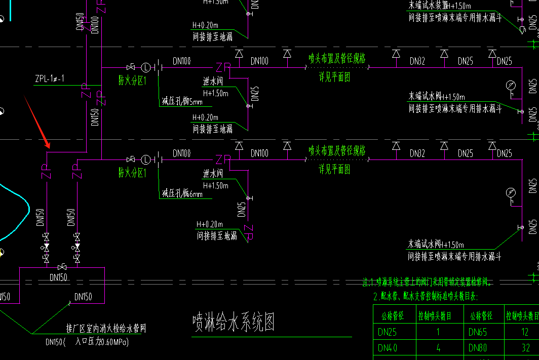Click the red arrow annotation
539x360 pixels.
pos(37,122)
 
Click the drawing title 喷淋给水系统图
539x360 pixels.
pos(233,322)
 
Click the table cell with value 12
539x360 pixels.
pos(524,332)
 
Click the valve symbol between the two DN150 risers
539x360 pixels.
pos(62,267)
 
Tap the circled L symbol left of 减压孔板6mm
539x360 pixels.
pos(146,159)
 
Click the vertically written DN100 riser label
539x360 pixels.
pos(95,24)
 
